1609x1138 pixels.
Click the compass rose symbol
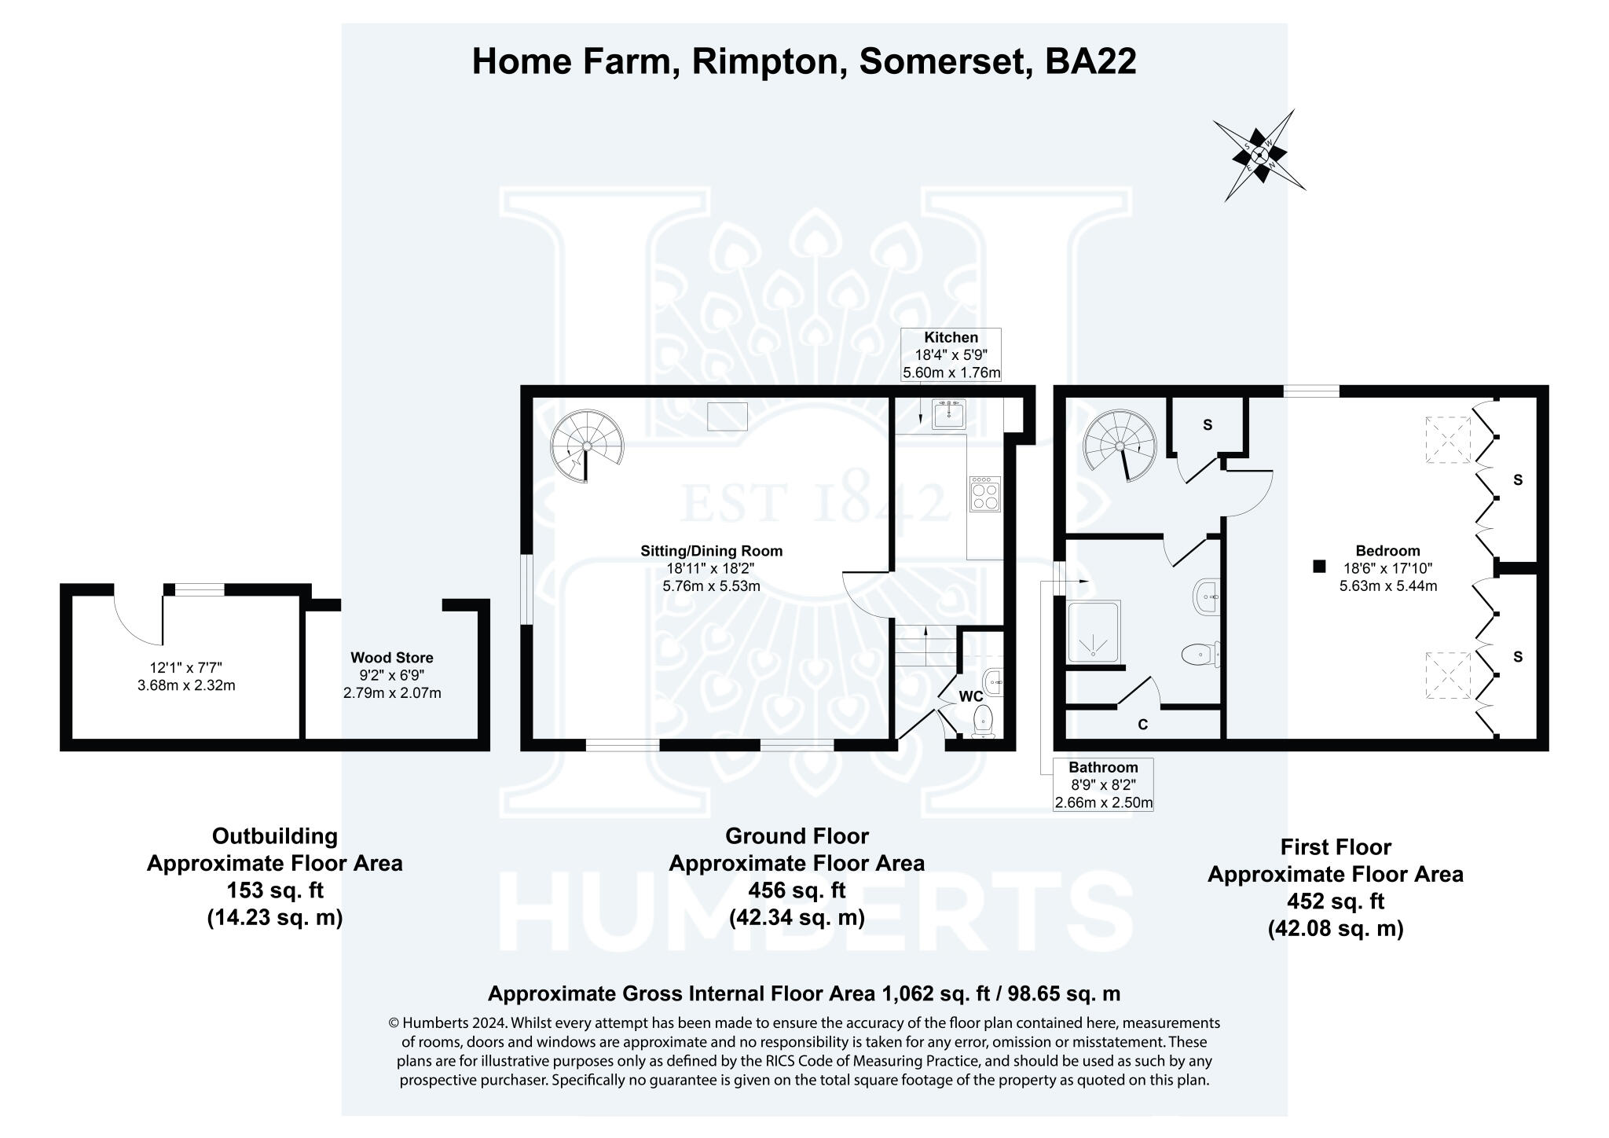[1259, 156]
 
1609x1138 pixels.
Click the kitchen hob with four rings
[985, 494]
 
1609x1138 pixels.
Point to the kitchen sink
[948, 413]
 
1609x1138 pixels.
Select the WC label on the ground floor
[971, 696]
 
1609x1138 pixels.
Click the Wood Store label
[391, 658]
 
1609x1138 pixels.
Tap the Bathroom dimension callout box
[1103, 784]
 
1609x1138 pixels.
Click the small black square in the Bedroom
[1319, 566]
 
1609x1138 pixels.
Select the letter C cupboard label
[1142, 725]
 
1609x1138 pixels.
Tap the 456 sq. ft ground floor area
[797, 890]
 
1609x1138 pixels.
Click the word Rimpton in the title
[763, 61]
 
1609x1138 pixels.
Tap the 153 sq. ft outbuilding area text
[275, 890]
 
